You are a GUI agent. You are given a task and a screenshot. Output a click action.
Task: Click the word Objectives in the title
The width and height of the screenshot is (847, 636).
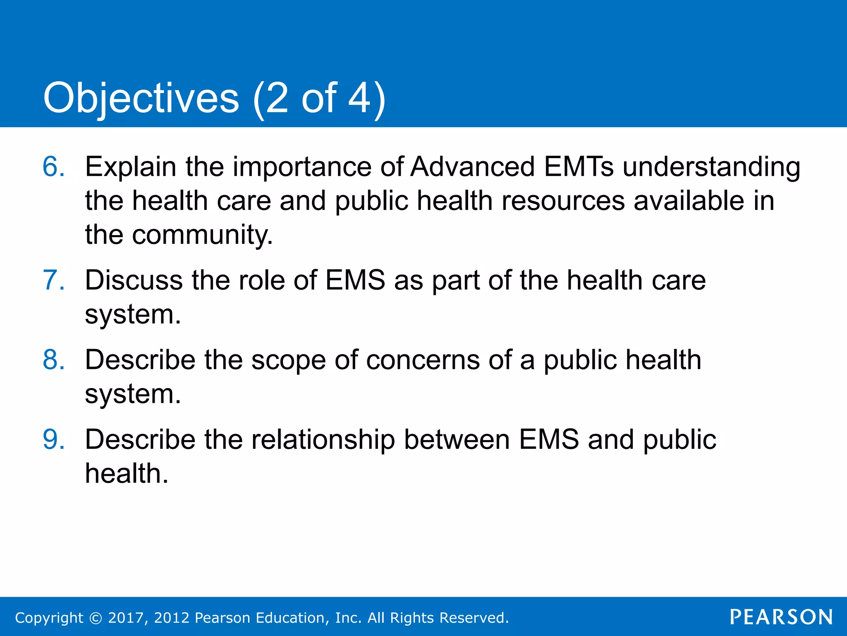tap(141, 99)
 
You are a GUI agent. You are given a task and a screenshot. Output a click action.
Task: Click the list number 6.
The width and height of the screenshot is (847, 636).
tap(54, 167)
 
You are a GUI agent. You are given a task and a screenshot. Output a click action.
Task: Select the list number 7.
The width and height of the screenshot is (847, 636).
tap(54, 280)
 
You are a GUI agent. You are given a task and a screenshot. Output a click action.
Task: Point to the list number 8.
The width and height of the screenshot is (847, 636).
tap(54, 359)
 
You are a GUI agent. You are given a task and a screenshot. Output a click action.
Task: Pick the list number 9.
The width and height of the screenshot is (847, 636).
tap(54, 439)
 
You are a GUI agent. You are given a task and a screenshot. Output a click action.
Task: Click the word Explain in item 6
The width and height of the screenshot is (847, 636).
tap(131, 167)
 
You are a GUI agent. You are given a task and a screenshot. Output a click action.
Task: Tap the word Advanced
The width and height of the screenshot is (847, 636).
tap(472, 167)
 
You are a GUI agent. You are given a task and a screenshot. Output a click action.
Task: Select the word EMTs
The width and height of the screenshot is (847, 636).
tap(579, 167)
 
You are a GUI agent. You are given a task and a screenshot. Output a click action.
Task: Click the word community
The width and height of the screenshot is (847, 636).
tap(202, 235)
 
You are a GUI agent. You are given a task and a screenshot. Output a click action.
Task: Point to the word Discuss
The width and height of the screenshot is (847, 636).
tap(134, 280)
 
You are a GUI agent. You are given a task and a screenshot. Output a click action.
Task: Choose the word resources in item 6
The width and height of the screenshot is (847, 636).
tap(563, 201)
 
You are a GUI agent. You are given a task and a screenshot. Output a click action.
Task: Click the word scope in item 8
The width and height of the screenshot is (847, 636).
tap(288, 360)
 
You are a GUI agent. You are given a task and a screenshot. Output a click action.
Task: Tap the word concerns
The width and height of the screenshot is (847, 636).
tap(422, 360)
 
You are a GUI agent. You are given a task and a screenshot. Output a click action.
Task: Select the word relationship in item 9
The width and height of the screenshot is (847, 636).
tap(323, 440)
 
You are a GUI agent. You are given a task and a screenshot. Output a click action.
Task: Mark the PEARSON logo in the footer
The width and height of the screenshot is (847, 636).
tap(781, 617)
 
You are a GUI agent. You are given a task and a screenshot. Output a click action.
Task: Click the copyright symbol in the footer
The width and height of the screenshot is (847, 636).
tap(96, 618)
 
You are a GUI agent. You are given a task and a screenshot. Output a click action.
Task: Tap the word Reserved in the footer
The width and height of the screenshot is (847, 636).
tap(474, 618)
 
